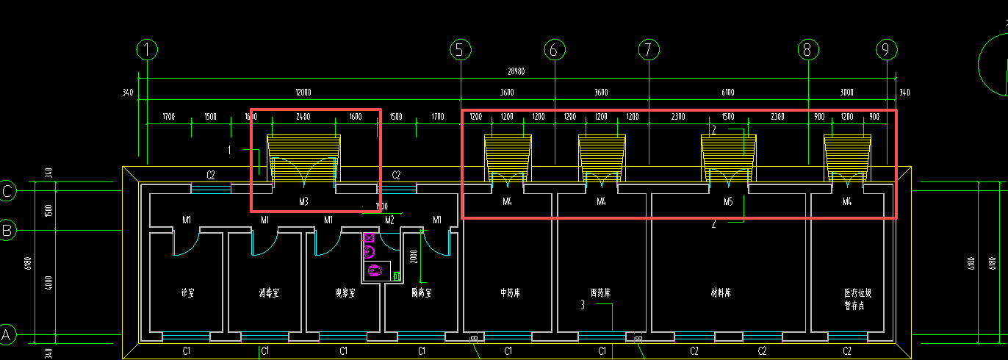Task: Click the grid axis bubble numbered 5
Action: pyautogui.click(x=460, y=50)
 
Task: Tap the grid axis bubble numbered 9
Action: pyautogui.click(x=887, y=50)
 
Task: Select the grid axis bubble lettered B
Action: pyautogui.click(x=7, y=231)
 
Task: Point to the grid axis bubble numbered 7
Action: pyautogui.click(x=649, y=50)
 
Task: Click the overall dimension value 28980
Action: pyautogui.click(x=517, y=72)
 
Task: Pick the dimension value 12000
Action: pyautogui.click(x=303, y=93)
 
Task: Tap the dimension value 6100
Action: pyautogui.click(x=727, y=93)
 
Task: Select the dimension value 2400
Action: pyautogui.click(x=303, y=117)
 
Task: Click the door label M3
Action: pyautogui.click(x=304, y=201)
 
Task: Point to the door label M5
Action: pyautogui.click(x=728, y=201)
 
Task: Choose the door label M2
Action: pyautogui.click(x=389, y=220)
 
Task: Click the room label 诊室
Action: pyautogui.click(x=187, y=292)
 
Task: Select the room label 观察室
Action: pyautogui.click(x=345, y=292)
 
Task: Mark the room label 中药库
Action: pyautogui.click(x=510, y=292)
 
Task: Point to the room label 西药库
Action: pyautogui.click(x=600, y=292)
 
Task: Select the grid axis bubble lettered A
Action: pyautogui.click(x=7, y=334)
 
